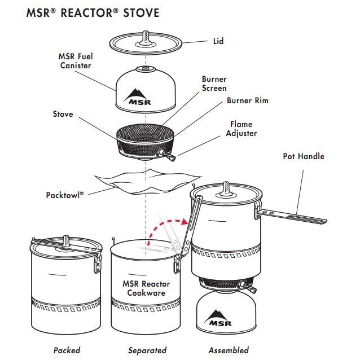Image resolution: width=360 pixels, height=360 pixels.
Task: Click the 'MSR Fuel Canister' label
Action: pos(75,61)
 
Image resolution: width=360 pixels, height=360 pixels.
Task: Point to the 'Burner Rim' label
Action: pos(247,100)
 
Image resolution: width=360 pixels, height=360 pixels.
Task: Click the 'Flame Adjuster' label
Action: pos(241,129)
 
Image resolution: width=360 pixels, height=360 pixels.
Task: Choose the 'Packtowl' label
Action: pos(65,195)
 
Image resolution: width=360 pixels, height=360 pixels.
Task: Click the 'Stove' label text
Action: pos(63,114)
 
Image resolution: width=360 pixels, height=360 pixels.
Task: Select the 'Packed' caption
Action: pos(67,350)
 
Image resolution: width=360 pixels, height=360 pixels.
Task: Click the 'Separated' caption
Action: pos(147,350)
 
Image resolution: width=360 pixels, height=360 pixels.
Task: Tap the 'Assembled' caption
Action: pos(228,350)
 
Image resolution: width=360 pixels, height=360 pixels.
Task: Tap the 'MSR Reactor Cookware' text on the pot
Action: pos(145,288)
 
